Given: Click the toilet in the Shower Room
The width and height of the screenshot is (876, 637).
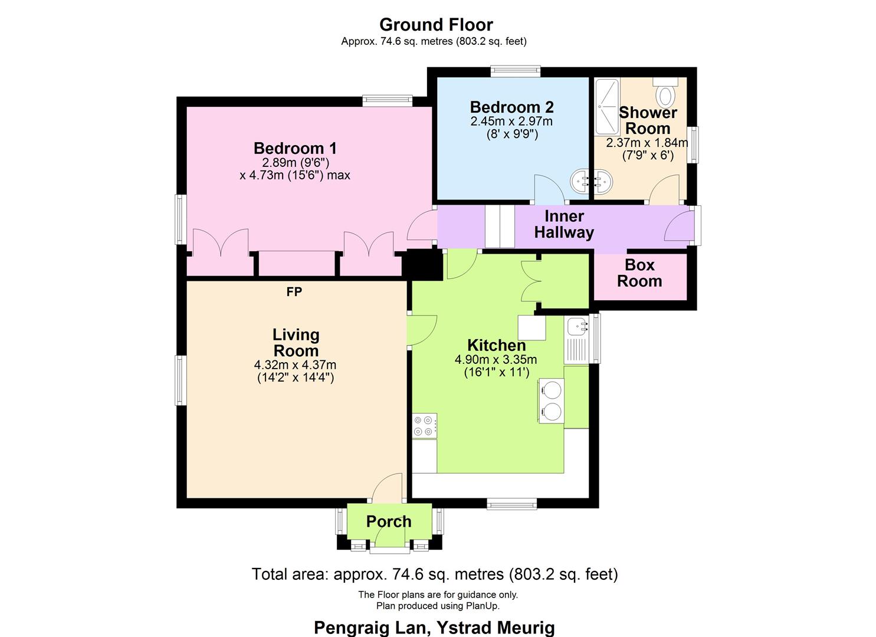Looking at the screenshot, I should tap(667, 94).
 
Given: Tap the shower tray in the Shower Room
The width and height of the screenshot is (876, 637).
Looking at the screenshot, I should tap(606, 106).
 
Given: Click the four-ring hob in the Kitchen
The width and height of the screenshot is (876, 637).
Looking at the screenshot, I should tap(425, 425).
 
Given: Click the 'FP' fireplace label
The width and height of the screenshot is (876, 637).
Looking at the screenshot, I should tap(294, 292).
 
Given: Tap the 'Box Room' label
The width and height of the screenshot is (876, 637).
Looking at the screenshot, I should tap(639, 273).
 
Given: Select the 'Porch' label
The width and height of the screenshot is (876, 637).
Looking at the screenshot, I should tap(389, 521).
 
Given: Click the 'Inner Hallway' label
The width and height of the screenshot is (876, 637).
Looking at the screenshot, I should tap(564, 224).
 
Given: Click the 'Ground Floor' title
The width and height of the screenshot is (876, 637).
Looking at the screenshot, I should tap(436, 25).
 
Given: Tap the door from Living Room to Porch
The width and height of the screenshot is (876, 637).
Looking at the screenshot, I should tap(389, 488).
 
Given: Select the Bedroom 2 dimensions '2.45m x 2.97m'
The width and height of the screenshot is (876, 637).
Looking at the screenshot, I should tap(511, 122).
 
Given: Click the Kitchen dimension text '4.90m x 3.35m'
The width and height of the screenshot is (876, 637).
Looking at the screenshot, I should tap(496, 359).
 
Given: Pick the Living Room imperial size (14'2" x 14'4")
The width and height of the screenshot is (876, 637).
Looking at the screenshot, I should tap(296, 377).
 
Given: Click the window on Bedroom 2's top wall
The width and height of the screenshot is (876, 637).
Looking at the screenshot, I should tap(515, 71).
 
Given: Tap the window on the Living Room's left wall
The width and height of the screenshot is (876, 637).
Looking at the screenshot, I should tap(181, 380).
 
